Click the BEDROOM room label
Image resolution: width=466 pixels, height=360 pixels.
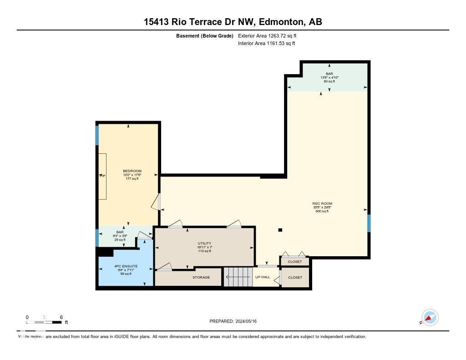coord(132,171)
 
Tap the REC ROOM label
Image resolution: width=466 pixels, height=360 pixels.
coord(322,203)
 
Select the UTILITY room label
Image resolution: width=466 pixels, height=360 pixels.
coord(204,243)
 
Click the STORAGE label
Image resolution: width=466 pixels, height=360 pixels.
coord(201,277)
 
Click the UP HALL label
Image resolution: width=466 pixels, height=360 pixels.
coord(262,277)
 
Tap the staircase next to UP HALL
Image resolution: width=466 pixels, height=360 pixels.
coord(238,277)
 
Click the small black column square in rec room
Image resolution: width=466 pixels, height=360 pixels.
coord(280,230)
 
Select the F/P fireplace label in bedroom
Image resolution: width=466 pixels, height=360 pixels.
coord(102,176)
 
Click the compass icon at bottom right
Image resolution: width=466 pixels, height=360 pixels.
coord(430,318)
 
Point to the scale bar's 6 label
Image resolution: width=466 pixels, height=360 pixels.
coord(61,317)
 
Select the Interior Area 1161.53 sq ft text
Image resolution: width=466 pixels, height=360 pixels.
coord(266,43)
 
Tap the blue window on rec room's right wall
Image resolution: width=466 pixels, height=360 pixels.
coord(369,223)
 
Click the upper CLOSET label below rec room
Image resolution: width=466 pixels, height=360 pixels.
coord(295,262)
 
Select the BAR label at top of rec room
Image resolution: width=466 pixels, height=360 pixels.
coord(329,73)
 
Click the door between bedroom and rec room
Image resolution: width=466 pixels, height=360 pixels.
coord(159,202)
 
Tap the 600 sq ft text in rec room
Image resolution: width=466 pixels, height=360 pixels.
coord(322,211)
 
